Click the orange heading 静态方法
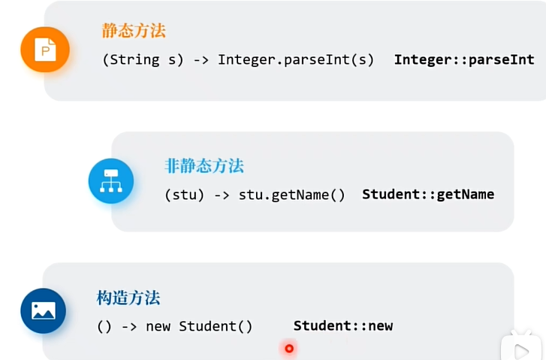click(x=134, y=31)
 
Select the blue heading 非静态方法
click(x=204, y=166)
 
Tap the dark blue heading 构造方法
click(x=128, y=298)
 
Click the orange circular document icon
click(x=45, y=50)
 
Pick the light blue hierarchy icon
click(x=111, y=181)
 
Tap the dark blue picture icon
click(x=44, y=310)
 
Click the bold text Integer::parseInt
click(x=464, y=59)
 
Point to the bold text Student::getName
click(x=428, y=194)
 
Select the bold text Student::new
click(x=343, y=325)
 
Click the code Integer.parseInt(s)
click(x=296, y=59)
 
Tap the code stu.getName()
click(x=292, y=195)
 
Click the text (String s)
click(x=143, y=59)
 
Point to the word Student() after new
click(x=216, y=326)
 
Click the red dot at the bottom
click(x=289, y=348)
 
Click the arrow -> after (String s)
click(x=201, y=59)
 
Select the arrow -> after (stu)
click(x=222, y=195)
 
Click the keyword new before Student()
click(x=158, y=326)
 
